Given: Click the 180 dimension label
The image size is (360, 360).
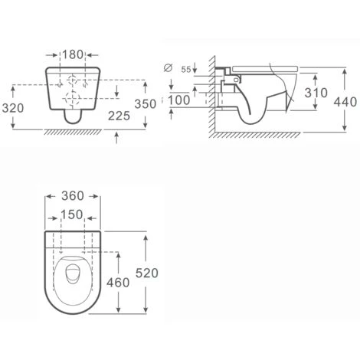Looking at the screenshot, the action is (73, 54).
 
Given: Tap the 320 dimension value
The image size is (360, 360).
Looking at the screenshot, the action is (13, 108).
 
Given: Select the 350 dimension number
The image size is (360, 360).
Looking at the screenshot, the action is (146, 104).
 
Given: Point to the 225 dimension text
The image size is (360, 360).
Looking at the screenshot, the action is (119, 116).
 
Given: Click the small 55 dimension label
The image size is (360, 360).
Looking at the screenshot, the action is (186, 70).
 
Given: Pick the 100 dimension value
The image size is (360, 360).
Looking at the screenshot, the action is (178, 100).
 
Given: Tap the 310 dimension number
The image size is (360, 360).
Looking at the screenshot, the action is (316, 93).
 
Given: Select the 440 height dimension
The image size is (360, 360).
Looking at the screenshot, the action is (345, 102).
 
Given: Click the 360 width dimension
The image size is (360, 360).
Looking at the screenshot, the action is (73, 196).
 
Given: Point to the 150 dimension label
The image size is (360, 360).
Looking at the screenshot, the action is (72, 214).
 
